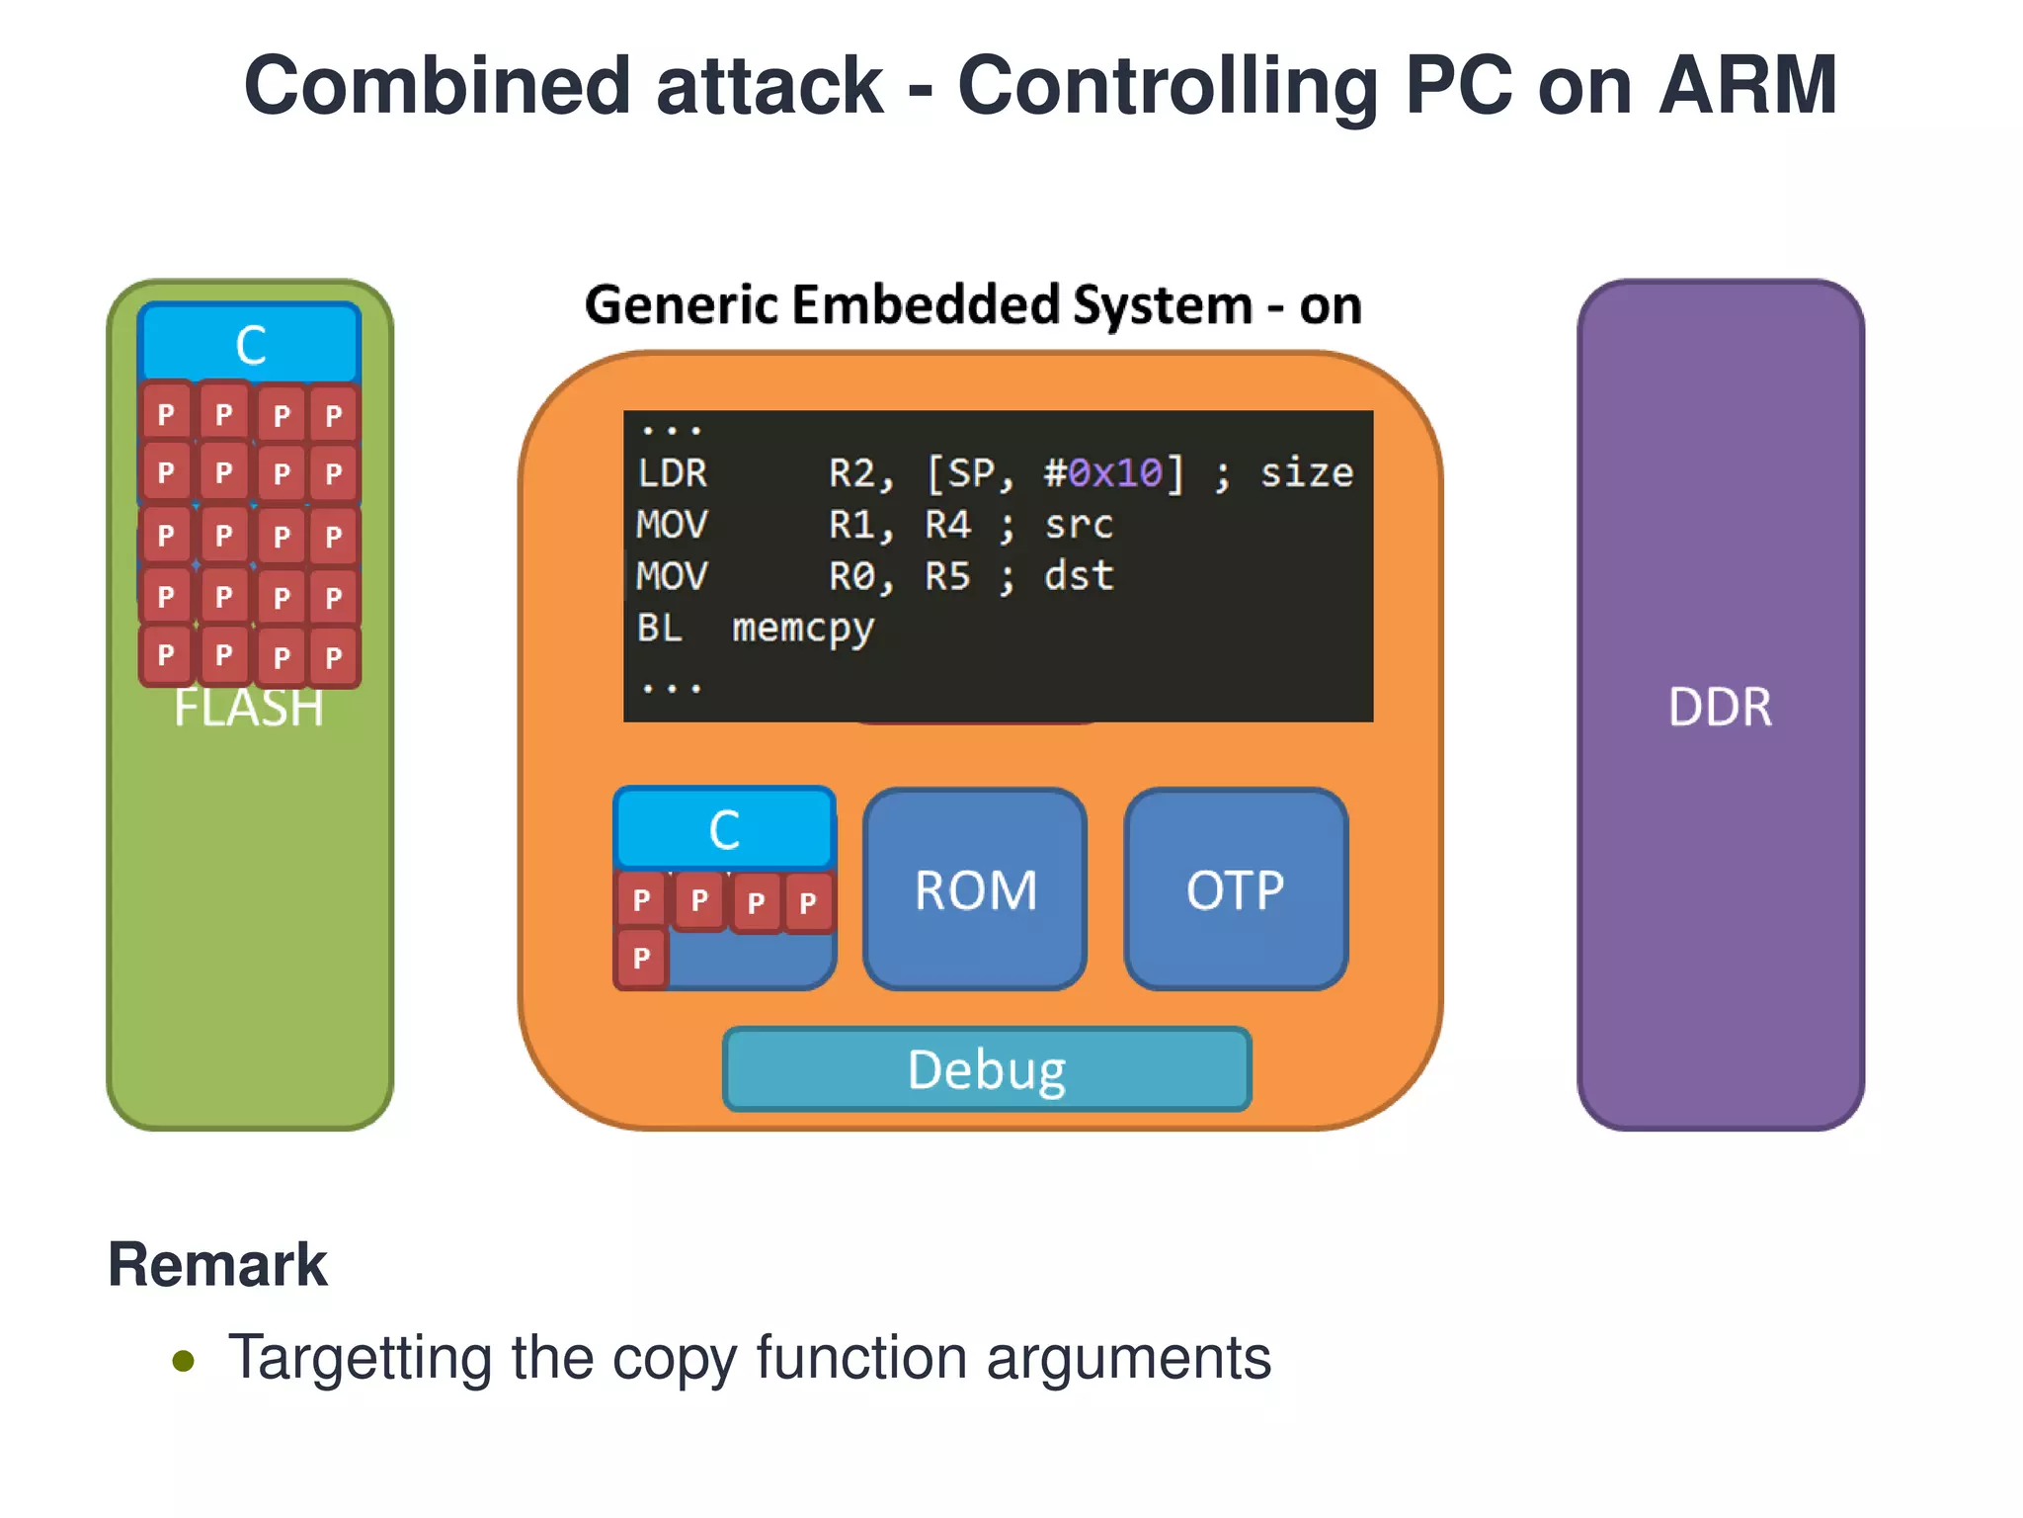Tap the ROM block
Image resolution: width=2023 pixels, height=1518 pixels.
pos(975,890)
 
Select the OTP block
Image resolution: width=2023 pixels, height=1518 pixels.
pos(1235,890)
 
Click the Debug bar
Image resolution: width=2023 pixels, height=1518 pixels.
pos(987,1070)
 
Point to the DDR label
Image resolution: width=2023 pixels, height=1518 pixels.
pos(1720,708)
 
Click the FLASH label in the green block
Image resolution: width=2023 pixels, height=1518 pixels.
pos(249,710)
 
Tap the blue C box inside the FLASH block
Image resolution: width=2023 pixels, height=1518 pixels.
pos(250,344)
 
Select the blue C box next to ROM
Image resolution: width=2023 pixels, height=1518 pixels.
pos(724,829)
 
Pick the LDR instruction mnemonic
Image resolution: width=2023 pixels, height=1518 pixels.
pos(673,474)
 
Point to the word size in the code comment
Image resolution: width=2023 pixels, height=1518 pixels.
pos(1306,474)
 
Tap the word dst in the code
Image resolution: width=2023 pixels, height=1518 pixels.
pos(1079,576)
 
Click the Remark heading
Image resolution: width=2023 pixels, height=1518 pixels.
pos(217,1265)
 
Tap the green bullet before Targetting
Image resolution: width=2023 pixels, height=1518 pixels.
pos(184,1361)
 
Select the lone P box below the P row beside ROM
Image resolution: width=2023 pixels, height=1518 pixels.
pos(642,958)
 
